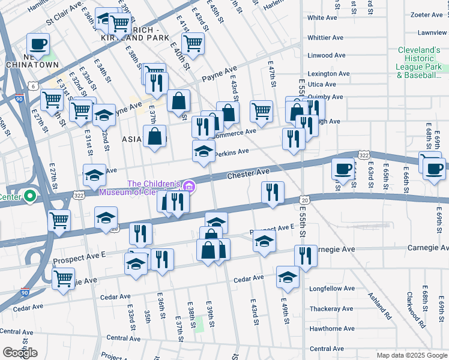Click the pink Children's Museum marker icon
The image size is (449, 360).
point(190,186)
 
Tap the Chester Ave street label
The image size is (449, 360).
point(248,173)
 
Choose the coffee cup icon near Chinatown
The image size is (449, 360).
point(38,44)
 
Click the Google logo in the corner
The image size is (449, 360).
point(19,352)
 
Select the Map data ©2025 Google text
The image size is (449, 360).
point(411,355)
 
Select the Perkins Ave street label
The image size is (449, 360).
point(232,152)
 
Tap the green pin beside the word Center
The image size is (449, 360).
point(28,196)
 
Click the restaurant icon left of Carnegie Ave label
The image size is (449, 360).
point(306,256)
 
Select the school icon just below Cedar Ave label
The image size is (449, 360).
point(288,277)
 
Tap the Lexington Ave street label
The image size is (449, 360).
point(328,74)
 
